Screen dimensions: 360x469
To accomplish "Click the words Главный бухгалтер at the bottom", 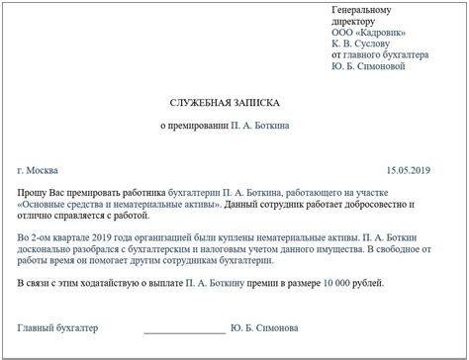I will [x=58, y=326].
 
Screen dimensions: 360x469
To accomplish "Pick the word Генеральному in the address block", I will [x=362, y=10].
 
